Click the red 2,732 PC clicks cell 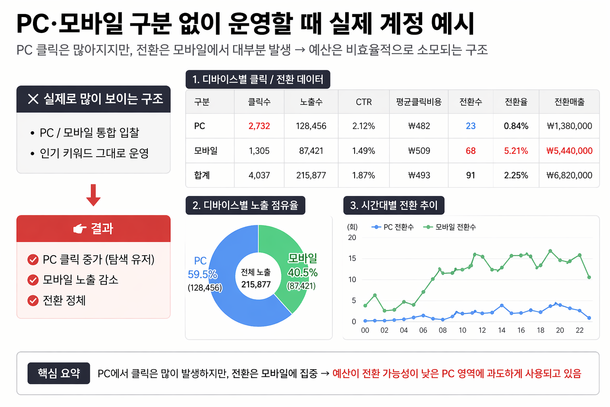(x=259, y=126)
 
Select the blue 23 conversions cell (x=471, y=126)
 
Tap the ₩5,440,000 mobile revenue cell (x=569, y=151)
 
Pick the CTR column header (x=363, y=102)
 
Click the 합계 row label (x=202, y=175)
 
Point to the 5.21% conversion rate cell (x=516, y=151)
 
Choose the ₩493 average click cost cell (x=419, y=175)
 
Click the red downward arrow (x=93, y=195)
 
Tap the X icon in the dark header (x=33, y=99)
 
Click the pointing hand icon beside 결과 (x=80, y=229)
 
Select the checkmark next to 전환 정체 (x=33, y=300)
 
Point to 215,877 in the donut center (x=256, y=285)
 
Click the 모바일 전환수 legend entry (x=450, y=227)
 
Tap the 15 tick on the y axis (x=352, y=258)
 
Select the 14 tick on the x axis (x=502, y=330)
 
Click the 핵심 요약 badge (x=59, y=373)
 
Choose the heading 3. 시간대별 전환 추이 (x=394, y=205)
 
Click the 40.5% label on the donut (x=303, y=273)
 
